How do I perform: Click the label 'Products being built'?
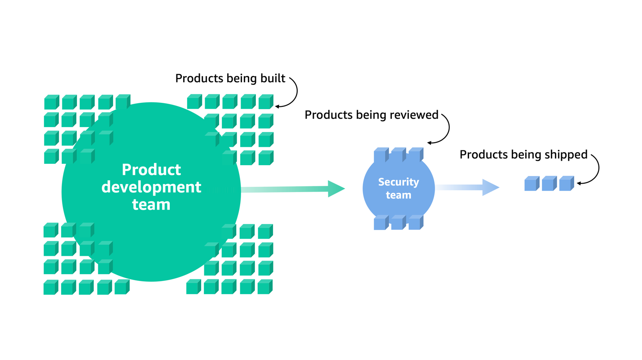point(230,79)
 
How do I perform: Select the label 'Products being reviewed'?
point(371,115)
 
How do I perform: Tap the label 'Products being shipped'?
point(523,155)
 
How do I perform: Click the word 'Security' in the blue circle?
point(398,182)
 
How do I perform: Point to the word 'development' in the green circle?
point(151,187)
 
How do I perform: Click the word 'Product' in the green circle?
point(151,170)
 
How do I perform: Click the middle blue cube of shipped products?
point(549,184)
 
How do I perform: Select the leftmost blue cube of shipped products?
point(532,184)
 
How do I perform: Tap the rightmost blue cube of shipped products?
point(566,184)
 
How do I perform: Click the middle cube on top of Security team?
point(398,155)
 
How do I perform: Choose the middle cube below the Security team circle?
point(397,223)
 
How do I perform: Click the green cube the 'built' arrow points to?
point(266,102)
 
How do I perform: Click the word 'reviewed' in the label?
point(416,115)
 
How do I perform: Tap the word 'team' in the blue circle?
point(398,195)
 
